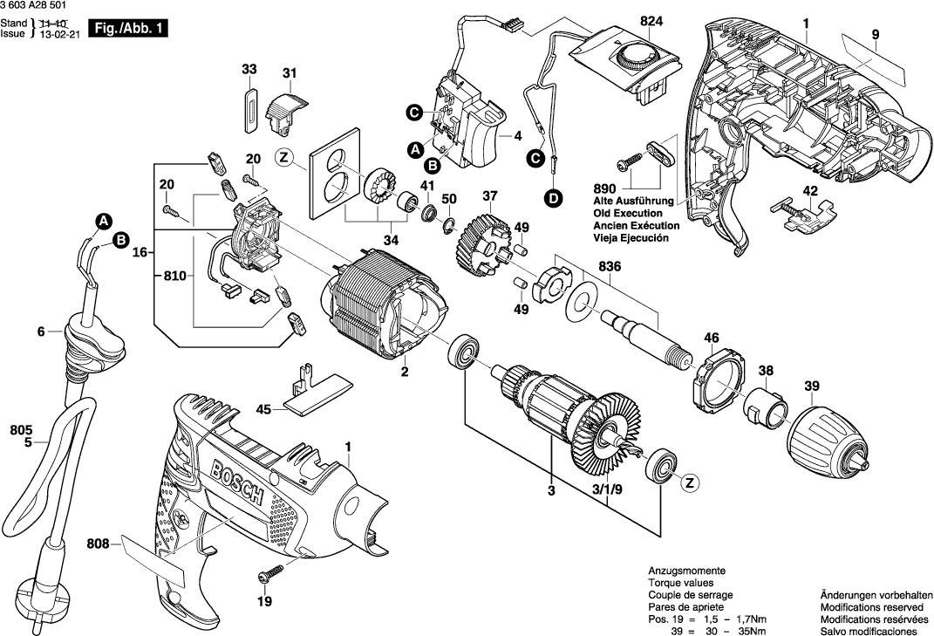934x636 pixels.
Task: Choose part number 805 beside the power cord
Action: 21,428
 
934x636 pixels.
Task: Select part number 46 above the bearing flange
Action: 712,338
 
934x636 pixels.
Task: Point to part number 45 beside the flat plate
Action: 263,408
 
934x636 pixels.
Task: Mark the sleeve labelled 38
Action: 766,406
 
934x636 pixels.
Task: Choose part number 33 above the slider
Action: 249,69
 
